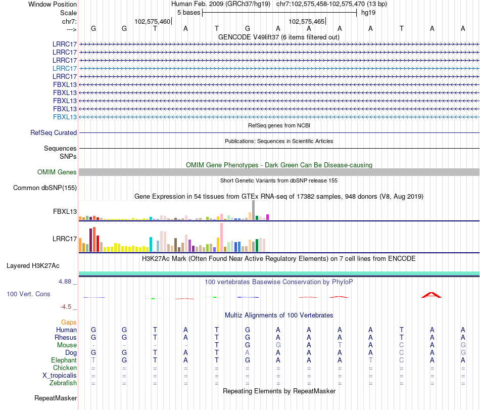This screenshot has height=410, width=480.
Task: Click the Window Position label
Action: pos(53,4)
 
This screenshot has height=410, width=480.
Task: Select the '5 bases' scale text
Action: pos(188,12)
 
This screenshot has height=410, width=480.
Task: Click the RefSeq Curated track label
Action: pos(54,133)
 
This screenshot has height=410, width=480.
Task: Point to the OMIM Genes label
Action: pos(57,172)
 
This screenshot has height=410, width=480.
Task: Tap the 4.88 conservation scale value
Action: pos(68,282)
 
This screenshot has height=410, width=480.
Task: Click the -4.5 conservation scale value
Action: pos(68,306)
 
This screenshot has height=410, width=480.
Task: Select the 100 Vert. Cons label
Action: pos(28,294)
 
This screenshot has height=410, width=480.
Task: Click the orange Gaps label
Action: pos(69,322)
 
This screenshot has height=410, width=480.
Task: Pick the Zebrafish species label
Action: pos(63,383)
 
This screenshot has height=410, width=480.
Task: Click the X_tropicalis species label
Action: pos(60,376)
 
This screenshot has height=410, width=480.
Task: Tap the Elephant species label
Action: pos(64,360)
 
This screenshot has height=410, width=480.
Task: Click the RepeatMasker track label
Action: pos(56,398)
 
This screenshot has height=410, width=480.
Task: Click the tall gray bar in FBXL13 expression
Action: pos(253,210)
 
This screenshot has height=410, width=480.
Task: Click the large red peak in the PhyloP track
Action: pos(431,295)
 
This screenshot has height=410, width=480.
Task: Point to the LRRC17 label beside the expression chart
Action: pos(65,239)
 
